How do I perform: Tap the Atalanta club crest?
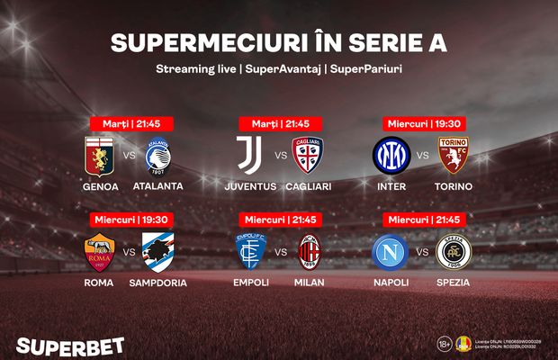click(x=158, y=156)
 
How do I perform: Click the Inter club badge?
click(x=391, y=156)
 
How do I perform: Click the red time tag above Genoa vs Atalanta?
click(x=130, y=123)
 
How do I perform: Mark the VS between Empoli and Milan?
click(x=279, y=253)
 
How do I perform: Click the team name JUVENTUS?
click(x=250, y=186)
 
